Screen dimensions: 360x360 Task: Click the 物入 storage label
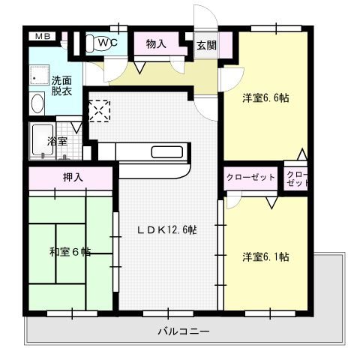pyautogui.click(x=156, y=44)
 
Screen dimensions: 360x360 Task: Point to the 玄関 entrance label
pyautogui.click(x=206, y=45)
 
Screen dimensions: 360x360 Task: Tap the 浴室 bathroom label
pyautogui.click(x=57, y=140)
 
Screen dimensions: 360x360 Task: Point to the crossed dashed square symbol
pyautogui.click(x=99, y=110)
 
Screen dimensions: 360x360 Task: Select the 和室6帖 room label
pyautogui.click(x=70, y=253)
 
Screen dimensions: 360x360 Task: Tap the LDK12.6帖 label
pyautogui.click(x=166, y=229)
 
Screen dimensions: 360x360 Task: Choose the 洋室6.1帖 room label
pyautogui.click(x=266, y=256)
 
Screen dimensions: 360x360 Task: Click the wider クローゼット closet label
pyautogui.click(x=250, y=178)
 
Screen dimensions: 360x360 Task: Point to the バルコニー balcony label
pyautogui.click(x=183, y=331)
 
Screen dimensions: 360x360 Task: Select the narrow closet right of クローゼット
pyautogui.click(x=297, y=178)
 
